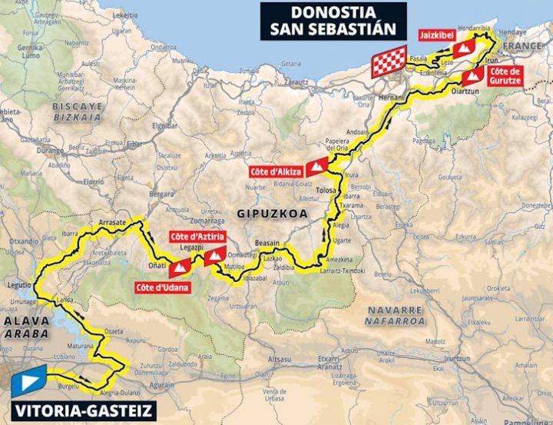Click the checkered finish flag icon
[x=389, y=61]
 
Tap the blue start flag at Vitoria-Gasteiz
[x=28, y=381]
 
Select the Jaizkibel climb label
[x=434, y=35]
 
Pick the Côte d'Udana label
[x=161, y=288]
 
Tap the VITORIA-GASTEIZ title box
[x=78, y=410]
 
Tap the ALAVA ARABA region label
[x=25, y=327]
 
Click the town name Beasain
[x=269, y=241]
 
